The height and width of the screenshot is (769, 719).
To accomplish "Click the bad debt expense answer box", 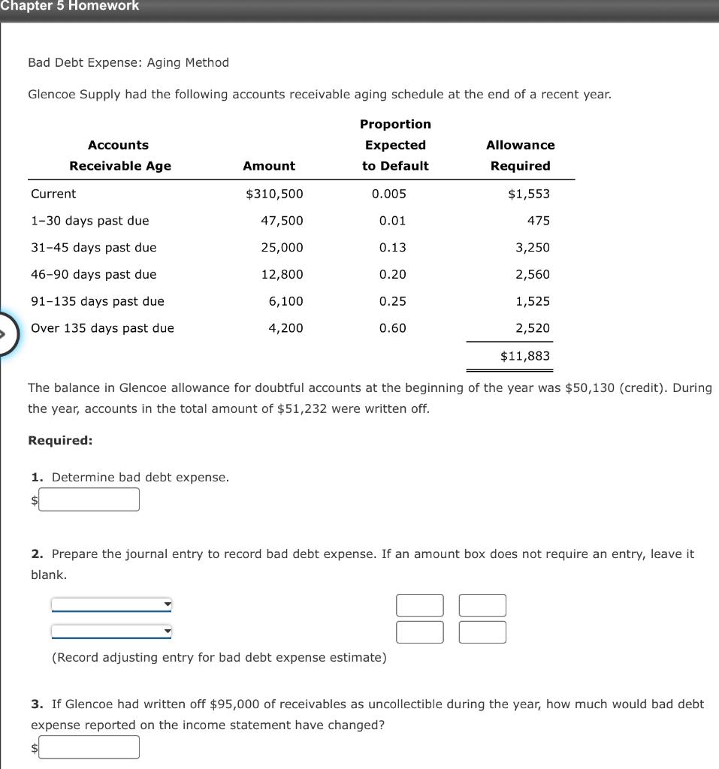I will coord(89,499).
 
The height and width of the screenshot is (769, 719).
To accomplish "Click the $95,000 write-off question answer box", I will coord(89,747).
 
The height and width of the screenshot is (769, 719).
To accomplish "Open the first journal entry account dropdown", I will coord(111,605).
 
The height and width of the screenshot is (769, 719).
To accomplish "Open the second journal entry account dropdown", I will coord(111,632).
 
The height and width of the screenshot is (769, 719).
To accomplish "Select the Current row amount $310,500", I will coord(274,194).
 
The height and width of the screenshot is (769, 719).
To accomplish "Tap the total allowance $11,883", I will coord(525,356).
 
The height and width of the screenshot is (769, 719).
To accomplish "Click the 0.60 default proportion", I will coord(393,328).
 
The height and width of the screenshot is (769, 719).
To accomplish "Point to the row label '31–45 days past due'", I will coord(94,248).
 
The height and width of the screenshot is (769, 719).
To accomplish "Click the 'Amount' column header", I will coord(269,166).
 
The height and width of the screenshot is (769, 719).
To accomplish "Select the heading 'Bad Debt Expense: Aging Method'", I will coord(128,62).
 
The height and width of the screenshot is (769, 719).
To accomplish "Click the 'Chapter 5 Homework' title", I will coord(69,6).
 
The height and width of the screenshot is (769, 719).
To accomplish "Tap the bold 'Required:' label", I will coord(60,441).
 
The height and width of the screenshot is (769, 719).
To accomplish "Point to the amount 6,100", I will coord(285,301).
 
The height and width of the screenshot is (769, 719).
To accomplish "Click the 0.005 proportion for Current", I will coord(389,194).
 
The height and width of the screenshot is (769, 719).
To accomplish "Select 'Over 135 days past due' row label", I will coord(102,328).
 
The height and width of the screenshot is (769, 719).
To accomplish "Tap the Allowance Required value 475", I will coord(538,221).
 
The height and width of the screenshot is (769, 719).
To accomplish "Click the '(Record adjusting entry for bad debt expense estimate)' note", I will coord(219,658).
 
